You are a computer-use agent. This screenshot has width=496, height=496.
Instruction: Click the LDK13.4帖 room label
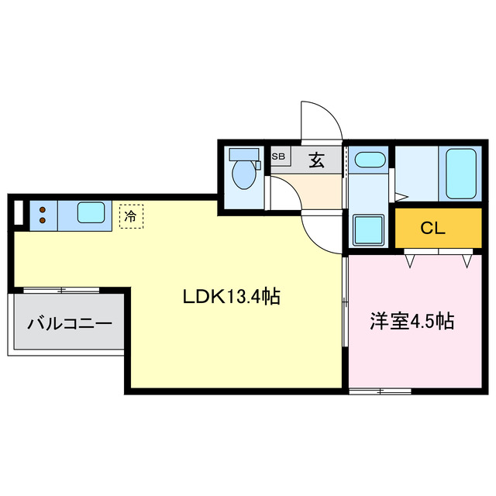230,296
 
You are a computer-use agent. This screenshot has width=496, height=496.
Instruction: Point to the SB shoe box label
277,157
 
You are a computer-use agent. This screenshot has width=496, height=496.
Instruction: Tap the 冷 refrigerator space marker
130,215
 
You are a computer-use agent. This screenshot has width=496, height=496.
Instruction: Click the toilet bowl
245,176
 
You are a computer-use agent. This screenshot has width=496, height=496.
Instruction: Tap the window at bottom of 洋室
380,391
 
